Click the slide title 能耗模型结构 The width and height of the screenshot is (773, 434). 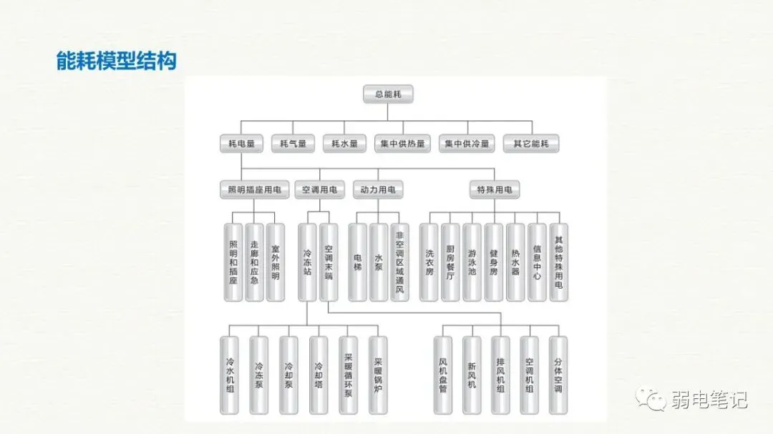click(x=116, y=61)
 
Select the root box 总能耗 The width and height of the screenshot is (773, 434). click(x=388, y=94)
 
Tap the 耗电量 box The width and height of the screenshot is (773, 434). click(x=241, y=144)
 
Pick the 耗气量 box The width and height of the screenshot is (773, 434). click(x=293, y=144)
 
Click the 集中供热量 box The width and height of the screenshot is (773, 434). click(x=402, y=144)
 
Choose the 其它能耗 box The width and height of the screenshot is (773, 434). click(x=531, y=144)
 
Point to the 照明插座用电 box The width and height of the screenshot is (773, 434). click(x=254, y=190)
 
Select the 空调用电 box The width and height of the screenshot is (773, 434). click(x=319, y=190)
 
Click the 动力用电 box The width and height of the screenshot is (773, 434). click(x=378, y=190)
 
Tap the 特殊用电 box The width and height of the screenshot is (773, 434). click(x=495, y=190)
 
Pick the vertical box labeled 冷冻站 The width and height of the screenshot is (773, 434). click(x=307, y=262)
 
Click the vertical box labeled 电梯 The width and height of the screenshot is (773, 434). click(x=357, y=262)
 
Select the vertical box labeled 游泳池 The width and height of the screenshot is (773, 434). click(x=472, y=262)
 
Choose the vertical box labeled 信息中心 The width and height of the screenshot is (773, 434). click(x=537, y=262)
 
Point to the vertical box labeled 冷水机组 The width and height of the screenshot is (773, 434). click(x=230, y=375)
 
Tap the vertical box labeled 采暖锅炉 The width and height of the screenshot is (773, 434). click(x=378, y=375)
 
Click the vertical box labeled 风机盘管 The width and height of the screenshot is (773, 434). click(x=443, y=375)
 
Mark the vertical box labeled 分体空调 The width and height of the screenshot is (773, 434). click(x=558, y=375)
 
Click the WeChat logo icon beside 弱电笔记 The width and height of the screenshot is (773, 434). click(x=652, y=398)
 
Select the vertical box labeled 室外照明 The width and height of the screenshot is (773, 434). click(x=276, y=262)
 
